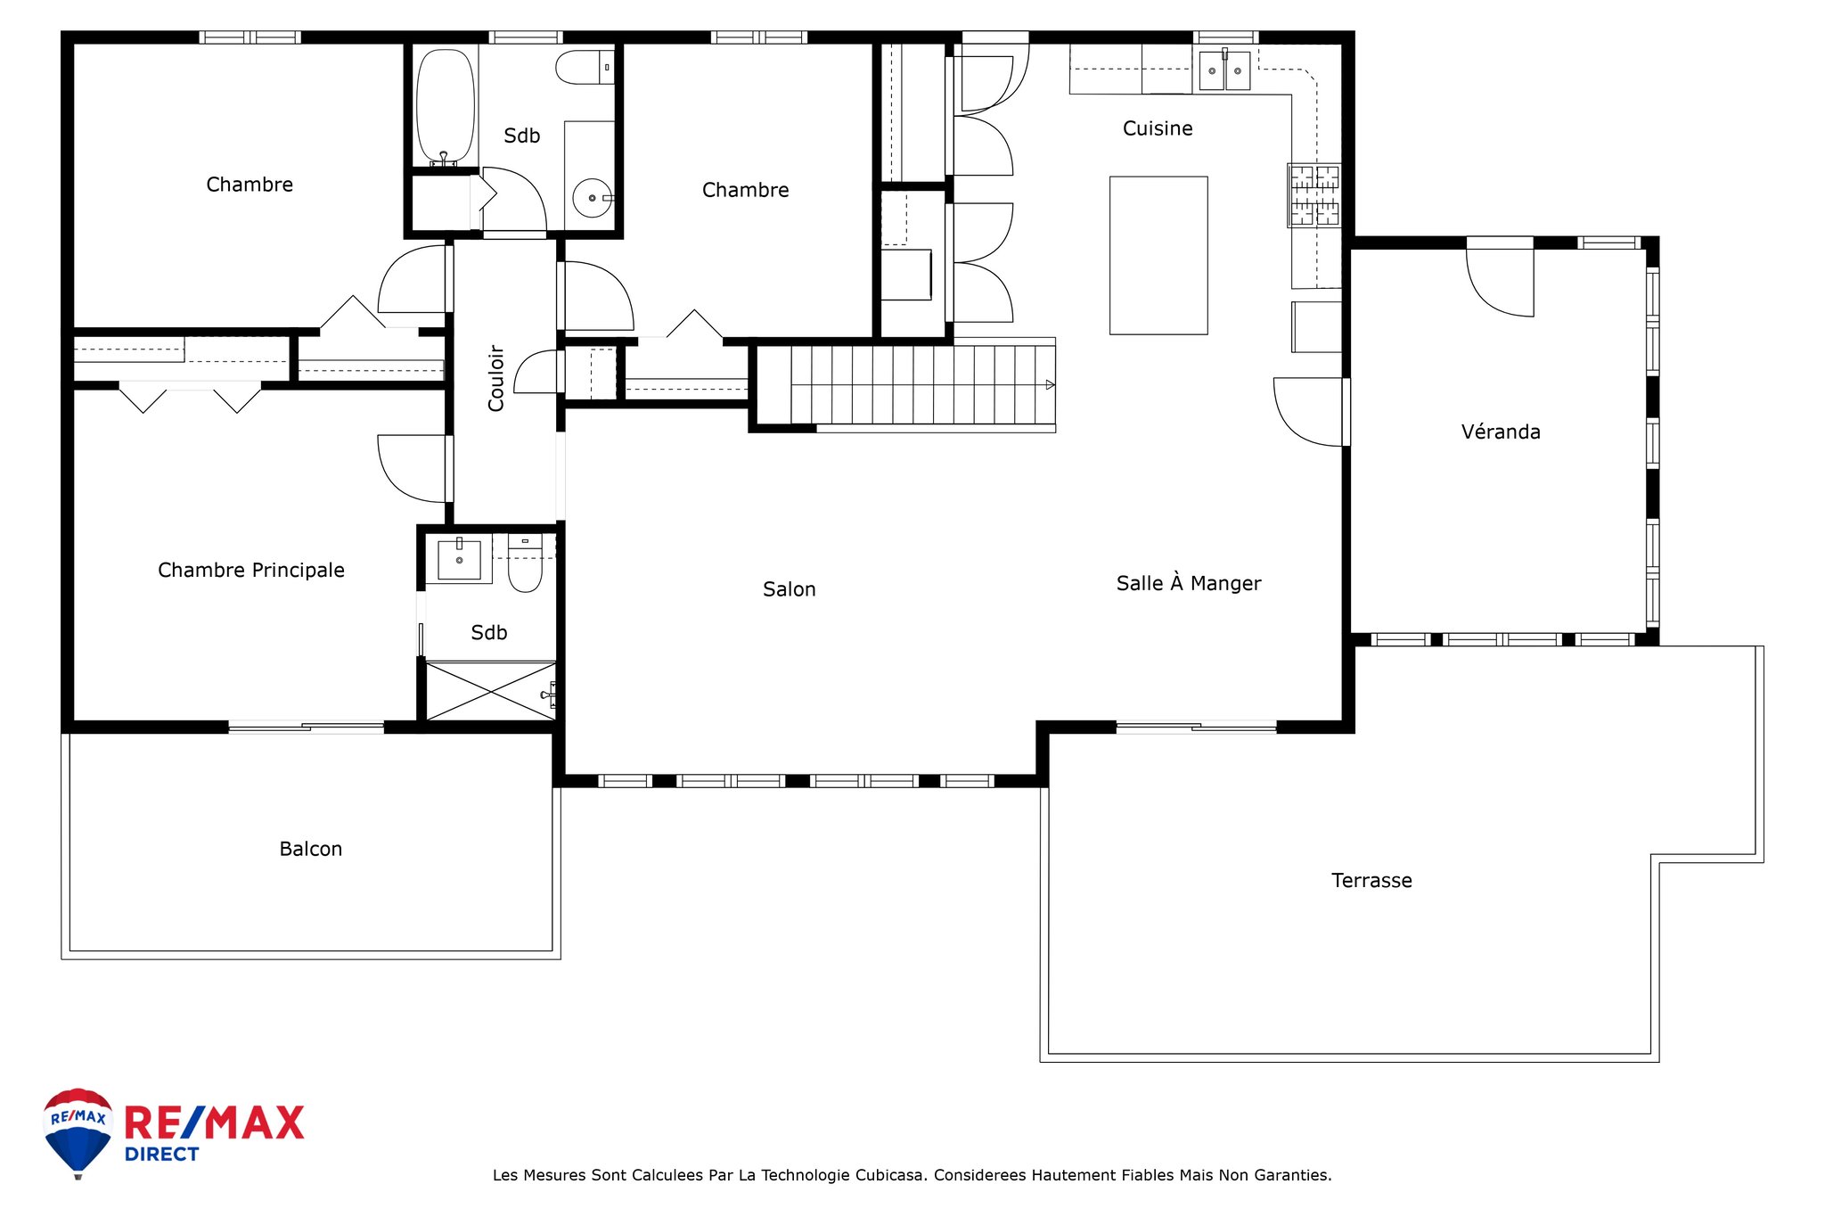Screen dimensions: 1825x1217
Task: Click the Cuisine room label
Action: (1157, 128)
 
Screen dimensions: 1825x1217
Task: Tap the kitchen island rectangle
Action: (1158, 255)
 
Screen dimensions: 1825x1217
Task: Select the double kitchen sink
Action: (1224, 70)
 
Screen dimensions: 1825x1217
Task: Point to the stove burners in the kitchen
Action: (1314, 194)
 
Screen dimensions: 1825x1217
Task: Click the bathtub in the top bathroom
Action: (446, 106)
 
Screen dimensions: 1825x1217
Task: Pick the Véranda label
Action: (1501, 432)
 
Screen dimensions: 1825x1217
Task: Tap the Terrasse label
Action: (1371, 881)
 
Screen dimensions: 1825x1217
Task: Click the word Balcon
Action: (310, 849)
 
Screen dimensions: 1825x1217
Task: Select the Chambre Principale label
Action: (251, 571)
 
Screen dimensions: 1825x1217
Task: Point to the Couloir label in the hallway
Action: (496, 378)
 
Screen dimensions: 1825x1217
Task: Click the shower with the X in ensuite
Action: (491, 690)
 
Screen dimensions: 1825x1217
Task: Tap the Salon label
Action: (789, 589)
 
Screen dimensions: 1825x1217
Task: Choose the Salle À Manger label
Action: (1189, 583)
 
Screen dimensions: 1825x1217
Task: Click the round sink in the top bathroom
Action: (592, 198)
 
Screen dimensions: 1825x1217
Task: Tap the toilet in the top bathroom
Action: (585, 67)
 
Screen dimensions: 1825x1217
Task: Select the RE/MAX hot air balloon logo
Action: (78, 1133)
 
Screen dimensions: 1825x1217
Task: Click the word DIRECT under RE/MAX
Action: (161, 1155)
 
